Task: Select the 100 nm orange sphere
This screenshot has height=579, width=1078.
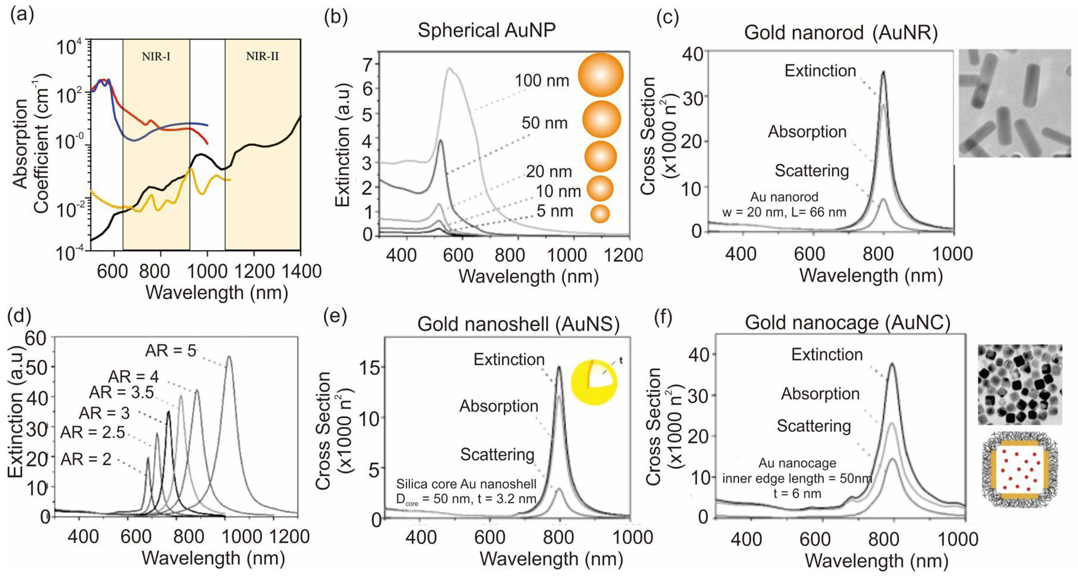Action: coord(601,75)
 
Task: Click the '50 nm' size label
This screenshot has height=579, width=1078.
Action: coord(545,123)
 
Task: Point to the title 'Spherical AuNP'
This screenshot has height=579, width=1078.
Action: coord(487,30)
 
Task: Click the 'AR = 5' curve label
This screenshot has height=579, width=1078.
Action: coord(171,351)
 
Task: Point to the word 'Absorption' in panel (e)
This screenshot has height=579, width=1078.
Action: coord(499,406)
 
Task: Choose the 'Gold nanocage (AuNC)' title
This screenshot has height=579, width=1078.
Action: coord(848,323)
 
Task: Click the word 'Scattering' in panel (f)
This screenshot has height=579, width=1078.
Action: coord(814,426)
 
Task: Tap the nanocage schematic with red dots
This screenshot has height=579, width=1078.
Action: coord(1019,469)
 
